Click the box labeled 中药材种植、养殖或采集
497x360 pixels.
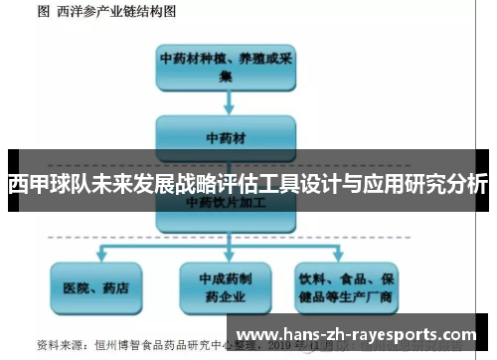click(x=226, y=67)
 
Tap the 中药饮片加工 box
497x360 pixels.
click(x=226, y=202)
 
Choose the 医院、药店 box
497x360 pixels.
click(x=96, y=288)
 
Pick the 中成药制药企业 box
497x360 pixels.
click(x=227, y=288)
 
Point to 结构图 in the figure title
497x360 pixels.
click(x=158, y=13)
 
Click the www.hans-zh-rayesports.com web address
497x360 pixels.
click(x=359, y=335)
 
